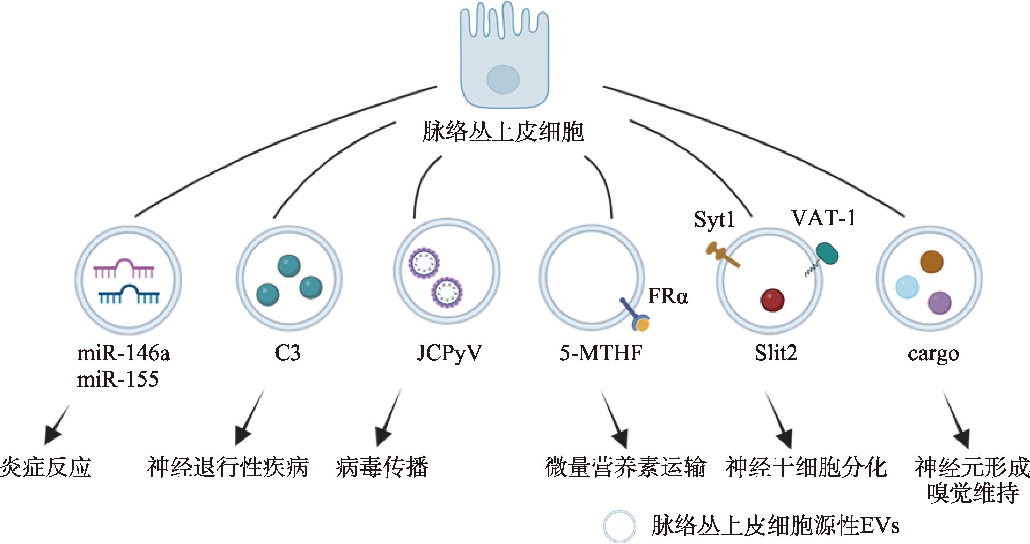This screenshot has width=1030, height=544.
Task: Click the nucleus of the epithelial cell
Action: coord(503,79)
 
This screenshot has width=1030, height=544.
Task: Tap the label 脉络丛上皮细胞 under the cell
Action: coord(503,132)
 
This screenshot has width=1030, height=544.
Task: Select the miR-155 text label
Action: coord(118,379)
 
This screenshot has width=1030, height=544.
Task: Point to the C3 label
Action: coord(288,353)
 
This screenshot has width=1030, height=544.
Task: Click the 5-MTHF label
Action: coord(601,353)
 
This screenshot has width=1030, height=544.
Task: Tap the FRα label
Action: coord(668,296)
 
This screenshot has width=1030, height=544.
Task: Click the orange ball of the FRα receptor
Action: coord(642,324)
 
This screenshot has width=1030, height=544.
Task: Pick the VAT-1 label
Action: coord(823,218)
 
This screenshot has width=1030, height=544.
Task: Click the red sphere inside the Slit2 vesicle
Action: coord(772,300)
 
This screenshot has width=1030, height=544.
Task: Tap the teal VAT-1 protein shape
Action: coord(827,253)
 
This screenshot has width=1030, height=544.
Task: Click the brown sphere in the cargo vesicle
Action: coord(931,262)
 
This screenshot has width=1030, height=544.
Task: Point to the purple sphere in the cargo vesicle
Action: coord(939,303)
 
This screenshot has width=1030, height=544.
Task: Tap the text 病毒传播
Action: coord(382,467)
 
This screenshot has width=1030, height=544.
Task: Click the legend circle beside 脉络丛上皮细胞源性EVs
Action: coord(619,526)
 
